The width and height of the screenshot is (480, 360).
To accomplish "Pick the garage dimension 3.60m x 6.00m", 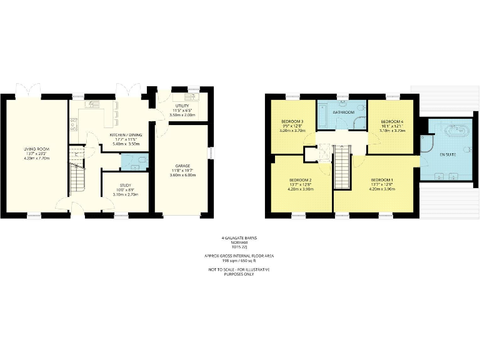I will click(x=183, y=176).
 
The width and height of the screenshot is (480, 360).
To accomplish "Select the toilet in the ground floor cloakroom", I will click(x=142, y=161).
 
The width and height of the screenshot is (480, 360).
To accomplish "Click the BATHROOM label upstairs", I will click(x=343, y=112).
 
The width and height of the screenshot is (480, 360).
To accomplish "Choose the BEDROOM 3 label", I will click(x=292, y=121).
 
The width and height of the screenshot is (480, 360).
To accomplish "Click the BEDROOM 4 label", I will click(x=392, y=121).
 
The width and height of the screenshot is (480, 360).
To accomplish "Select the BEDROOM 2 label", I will click(x=300, y=180).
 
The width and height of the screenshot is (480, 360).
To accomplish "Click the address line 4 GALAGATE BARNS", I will click(x=239, y=238).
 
